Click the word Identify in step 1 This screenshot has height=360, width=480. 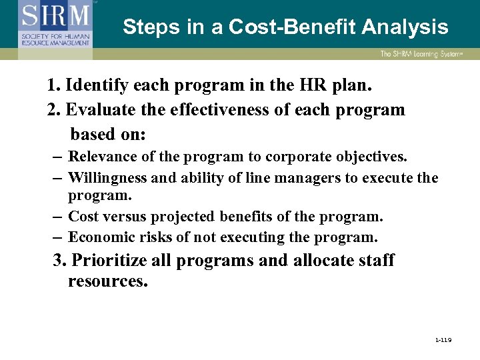point(96,86)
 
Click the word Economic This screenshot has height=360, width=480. point(100,237)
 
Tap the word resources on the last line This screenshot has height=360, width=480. point(107,281)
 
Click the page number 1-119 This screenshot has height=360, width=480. point(443,340)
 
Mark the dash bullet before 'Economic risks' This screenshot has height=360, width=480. point(56,237)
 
